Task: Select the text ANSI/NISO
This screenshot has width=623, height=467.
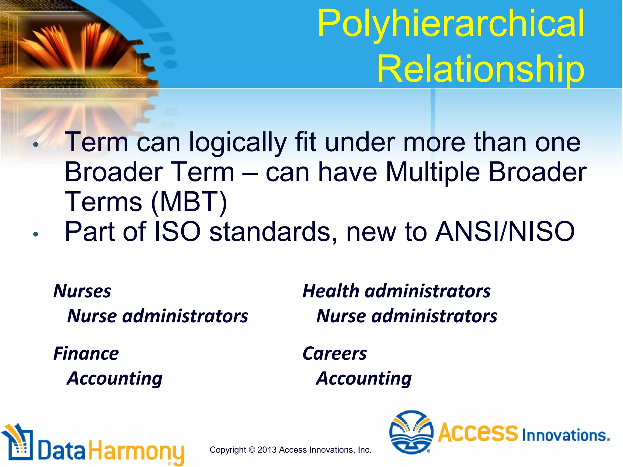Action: click(x=505, y=232)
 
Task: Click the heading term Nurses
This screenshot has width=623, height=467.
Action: click(x=82, y=291)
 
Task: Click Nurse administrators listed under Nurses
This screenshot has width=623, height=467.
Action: click(x=158, y=316)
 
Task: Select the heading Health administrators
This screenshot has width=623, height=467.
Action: click(x=396, y=291)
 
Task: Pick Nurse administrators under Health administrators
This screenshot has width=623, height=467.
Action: click(x=407, y=316)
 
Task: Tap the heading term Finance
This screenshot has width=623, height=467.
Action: click(x=86, y=354)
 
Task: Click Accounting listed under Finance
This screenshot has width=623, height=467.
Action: click(x=115, y=379)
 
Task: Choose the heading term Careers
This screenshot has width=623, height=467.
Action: click(x=335, y=354)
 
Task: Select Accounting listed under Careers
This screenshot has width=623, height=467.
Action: click(x=364, y=379)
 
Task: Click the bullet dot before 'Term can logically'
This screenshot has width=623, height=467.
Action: click(x=36, y=145)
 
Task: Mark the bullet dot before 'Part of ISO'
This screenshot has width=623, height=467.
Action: click(x=36, y=234)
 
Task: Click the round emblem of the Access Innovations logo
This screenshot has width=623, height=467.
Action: click(x=411, y=432)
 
